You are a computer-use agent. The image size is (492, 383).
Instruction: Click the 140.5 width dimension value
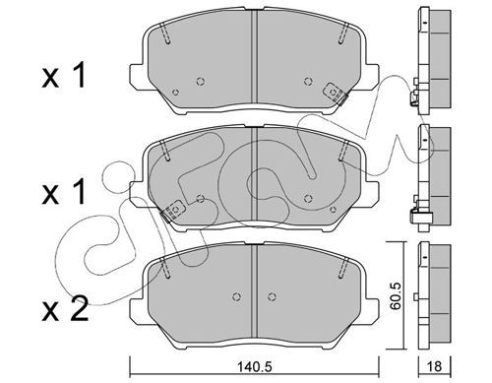pyautogui.click(x=255, y=366)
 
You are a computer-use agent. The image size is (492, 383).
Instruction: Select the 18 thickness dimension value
pyautogui.click(x=435, y=366)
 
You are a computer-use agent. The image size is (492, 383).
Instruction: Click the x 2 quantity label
pyautogui.click(x=65, y=308)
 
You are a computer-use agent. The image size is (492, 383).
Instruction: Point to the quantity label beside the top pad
pyautogui.click(x=64, y=76)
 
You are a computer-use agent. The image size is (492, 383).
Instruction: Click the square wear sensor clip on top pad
pyautogui.click(x=334, y=93)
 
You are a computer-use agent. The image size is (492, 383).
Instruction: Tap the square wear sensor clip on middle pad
pyautogui.click(x=174, y=210)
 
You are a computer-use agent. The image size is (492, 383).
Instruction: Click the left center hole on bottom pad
pyautogui.click(x=236, y=296)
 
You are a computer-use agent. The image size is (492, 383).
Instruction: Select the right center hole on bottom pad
pyautogui.click(x=272, y=296)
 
